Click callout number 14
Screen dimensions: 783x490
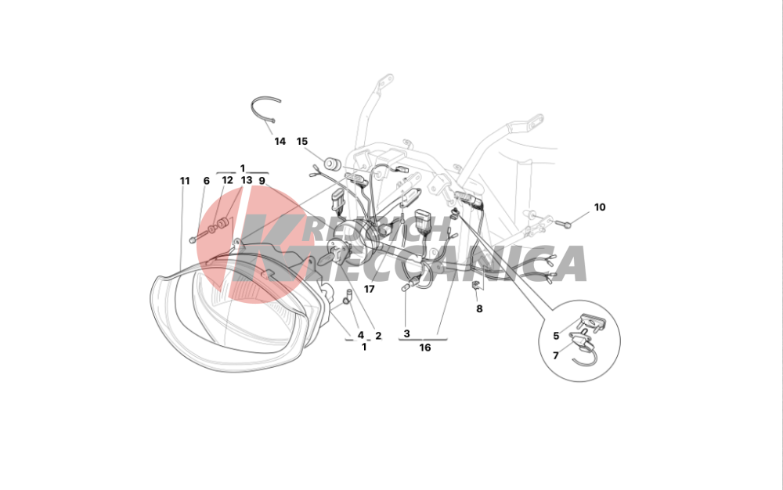(x=280, y=142)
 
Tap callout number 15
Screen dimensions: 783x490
(x=301, y=142)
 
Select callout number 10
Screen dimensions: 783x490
(x=599, y=207)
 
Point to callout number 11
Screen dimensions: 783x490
(x=185, y=181)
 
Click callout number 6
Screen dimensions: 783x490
(x=206, y=181)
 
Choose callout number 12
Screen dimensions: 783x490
(x=227, y=180)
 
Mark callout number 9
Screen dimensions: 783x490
(x=262, y=181)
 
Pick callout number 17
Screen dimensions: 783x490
(x=369, y=290)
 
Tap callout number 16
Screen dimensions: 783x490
(x=424, y=348)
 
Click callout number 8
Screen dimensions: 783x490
(x=479, y=309)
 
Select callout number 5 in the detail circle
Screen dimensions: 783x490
(x=556, y=337)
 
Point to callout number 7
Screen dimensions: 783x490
(x=556, y=356)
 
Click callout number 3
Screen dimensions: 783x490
(x=406, y=333)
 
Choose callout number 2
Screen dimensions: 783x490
(x=378, y=337)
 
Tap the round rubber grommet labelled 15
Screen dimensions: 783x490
(x=332, y=164)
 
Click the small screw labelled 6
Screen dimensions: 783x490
(x=193, y=240)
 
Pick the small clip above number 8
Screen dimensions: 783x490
(x=476, y=286)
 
